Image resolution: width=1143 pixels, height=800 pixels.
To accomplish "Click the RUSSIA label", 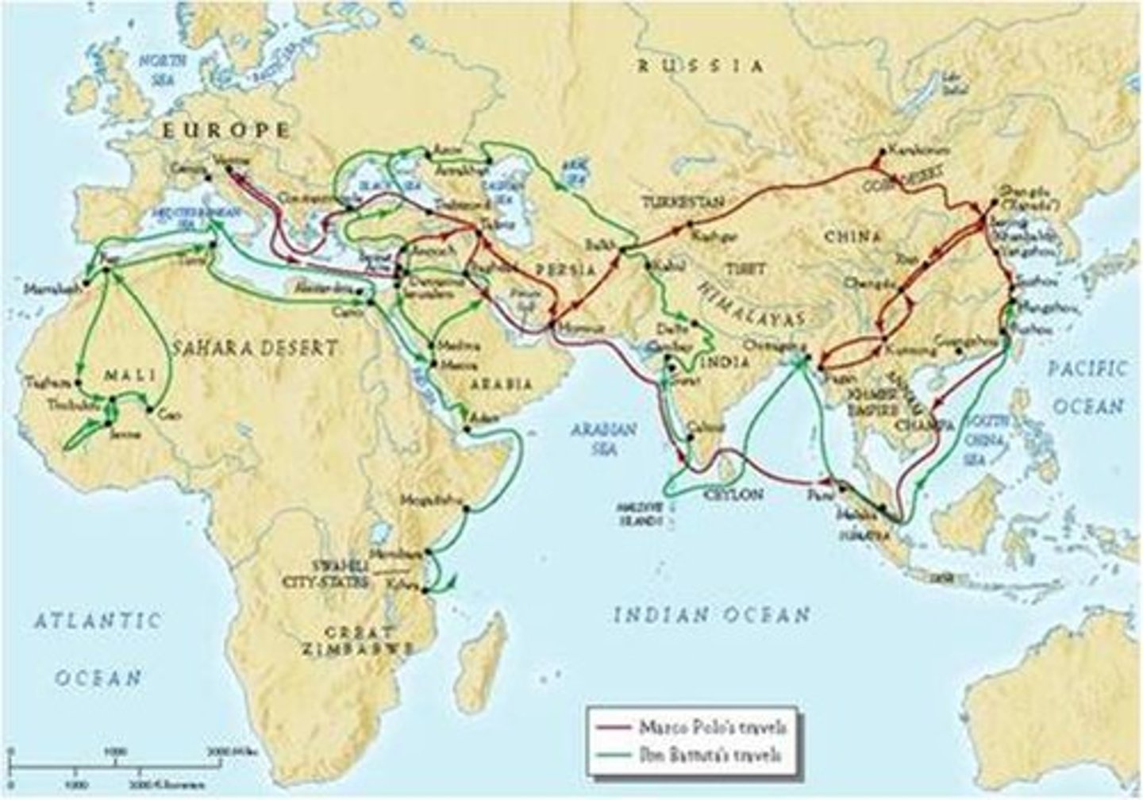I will [701, 66].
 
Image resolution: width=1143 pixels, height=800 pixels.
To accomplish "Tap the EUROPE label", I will [225, 131].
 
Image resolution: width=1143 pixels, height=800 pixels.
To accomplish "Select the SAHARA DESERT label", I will [250, 347].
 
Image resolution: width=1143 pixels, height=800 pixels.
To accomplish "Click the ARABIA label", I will [501, 383].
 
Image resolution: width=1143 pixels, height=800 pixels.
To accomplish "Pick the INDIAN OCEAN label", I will [713, 614].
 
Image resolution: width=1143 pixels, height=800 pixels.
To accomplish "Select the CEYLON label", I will [733, 494].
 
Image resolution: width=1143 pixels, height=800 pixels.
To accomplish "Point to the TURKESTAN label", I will [683, 202].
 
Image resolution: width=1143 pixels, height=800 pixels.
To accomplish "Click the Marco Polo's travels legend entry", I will [691, 725].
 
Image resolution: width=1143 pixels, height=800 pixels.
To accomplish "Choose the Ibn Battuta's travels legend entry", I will [691, 754].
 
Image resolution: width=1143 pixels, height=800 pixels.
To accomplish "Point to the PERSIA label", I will [568, 269].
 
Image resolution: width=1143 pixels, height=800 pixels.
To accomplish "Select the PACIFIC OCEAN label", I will [1087, 387].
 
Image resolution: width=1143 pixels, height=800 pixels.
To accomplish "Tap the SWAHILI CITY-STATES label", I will [336, 573].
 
